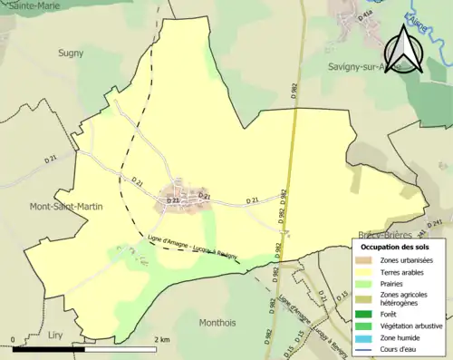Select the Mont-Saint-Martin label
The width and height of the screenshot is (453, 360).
(66, 206)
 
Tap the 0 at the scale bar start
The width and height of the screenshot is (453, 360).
(14, 340)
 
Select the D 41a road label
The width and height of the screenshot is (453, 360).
(365, 15)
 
